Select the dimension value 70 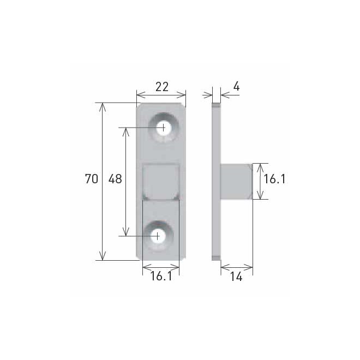92,179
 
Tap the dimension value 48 115,179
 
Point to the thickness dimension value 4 236,86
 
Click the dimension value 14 236,277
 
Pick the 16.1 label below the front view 160,277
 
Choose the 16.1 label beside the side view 275,179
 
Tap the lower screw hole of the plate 158,236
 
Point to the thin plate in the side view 216,180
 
